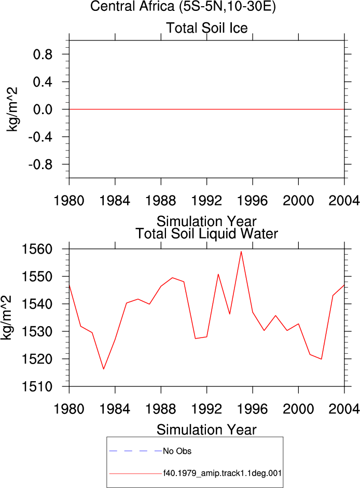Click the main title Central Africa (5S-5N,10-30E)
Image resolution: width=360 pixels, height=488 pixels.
coord(183,6)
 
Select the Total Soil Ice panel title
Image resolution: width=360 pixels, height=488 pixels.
coord(207,27)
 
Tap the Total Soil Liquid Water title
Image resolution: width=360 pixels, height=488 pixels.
coord(207,234)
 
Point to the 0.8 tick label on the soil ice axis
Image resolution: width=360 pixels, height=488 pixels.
coord(43,54)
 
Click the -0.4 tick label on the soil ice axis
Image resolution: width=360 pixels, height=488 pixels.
coord(40,137)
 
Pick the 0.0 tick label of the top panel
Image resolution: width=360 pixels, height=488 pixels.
coord(43,109)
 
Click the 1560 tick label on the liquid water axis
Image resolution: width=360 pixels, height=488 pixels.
coord(37,249)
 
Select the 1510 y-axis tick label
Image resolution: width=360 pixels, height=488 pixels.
coord(37,387)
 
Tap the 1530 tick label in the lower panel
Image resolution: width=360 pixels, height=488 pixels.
coord(37,332)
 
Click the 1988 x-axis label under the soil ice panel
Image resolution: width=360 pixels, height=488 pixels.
coord(161,200)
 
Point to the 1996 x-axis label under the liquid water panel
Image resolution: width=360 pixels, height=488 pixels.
coord(253,409)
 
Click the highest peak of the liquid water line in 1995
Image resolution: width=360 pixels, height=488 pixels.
coord(241,252)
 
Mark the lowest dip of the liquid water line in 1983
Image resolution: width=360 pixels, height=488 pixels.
coord(103,369)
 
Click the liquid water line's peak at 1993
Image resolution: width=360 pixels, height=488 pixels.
coord(218,274)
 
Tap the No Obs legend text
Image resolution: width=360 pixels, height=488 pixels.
coord(177,451)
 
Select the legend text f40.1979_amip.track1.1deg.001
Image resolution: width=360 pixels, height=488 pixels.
coord(223,473)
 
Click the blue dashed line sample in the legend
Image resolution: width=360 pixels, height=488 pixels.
coord(135,451)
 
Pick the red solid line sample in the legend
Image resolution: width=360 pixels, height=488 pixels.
coord(135,474)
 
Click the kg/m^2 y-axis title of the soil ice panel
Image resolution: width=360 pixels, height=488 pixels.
coord(12,109)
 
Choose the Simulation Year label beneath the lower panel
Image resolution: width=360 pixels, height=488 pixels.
coord(206,430)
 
